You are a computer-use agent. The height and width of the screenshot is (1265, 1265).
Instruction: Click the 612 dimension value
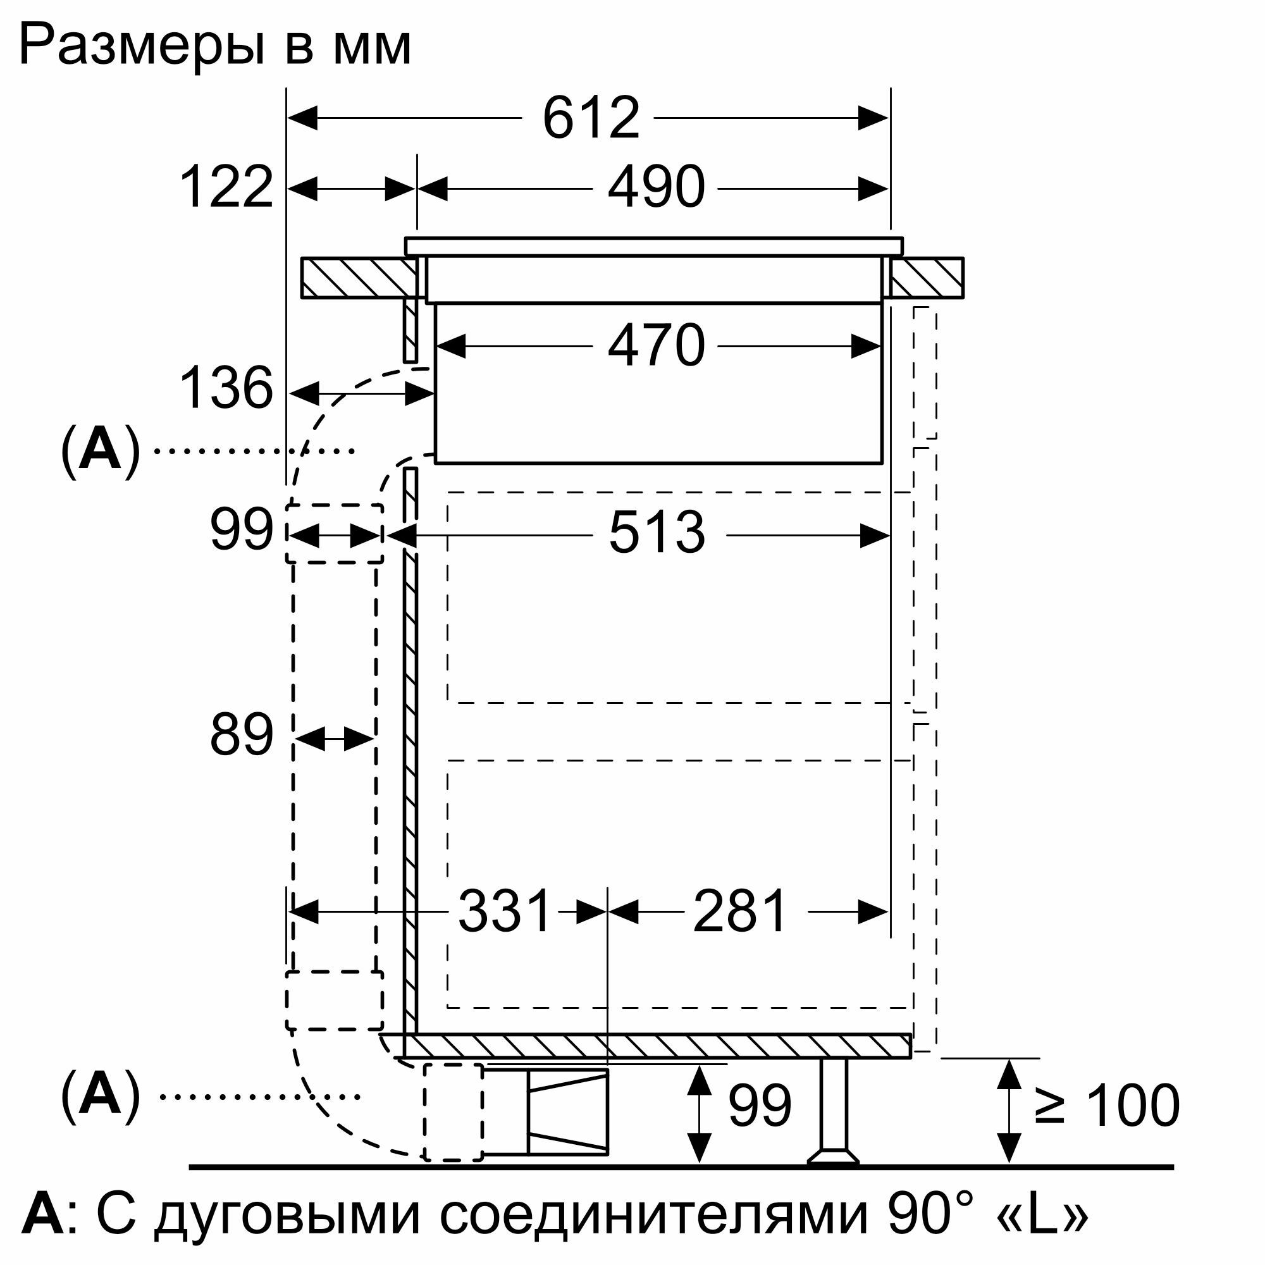click(591, 118)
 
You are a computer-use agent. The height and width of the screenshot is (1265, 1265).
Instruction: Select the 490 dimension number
click(656, 188)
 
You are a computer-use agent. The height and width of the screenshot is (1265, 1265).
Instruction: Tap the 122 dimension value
click(226, 188)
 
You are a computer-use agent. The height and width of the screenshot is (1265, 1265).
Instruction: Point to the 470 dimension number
click(656, 346)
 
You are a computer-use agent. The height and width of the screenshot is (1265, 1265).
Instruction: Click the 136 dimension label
click(226, 389)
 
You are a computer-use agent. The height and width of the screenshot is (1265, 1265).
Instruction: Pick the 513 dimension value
click(657, 533)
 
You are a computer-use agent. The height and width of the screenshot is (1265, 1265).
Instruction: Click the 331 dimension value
click(505, 911)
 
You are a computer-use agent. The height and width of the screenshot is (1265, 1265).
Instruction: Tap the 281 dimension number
click(740, 911)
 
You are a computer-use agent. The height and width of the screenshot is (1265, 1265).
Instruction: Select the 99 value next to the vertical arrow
click(760, 1106)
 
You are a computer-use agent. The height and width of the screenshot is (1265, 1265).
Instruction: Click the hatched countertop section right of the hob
click(927, 278)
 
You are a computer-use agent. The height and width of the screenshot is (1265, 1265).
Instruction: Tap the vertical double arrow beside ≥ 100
click(1009, 1109)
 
